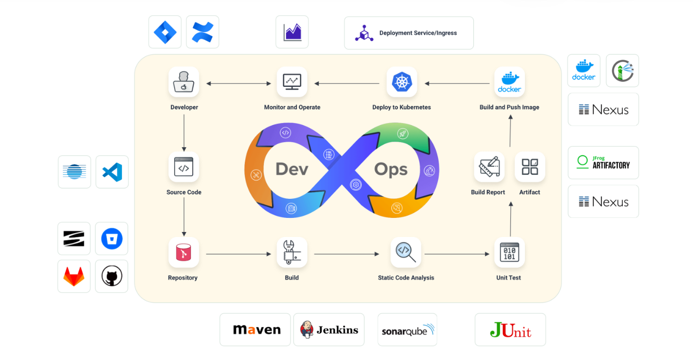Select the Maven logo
pos(255,330)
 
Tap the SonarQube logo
pos(407,330)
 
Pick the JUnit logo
pos(510,330)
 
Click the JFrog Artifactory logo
pos(603,163)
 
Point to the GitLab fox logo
pos(74,276)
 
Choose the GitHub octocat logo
pos(111,276)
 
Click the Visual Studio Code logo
pos(112,172)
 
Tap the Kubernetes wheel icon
pos(401,82)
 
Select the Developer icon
pos(184,82)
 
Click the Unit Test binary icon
pos(509,252)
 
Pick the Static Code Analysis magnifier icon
pos(405,252)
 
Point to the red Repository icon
pos(183,252)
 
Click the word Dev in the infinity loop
pos(292,169)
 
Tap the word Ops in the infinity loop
pos(391,169)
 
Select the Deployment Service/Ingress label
pos(418,33)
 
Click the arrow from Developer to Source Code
pos(184,133)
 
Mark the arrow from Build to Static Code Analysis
pos(346,254)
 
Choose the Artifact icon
pos(530,167)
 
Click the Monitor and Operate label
pos(292,107)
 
